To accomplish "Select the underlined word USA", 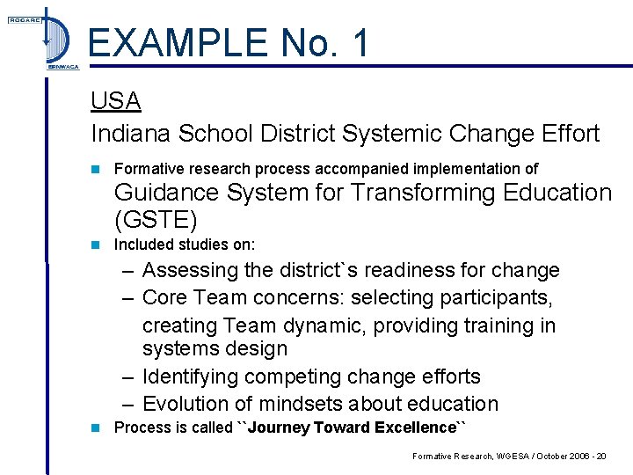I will [x=116, y=101].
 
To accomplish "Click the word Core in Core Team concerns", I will [x=165, y=297].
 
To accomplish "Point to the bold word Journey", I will [x=279, y=427].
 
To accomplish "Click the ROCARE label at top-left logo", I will [x=25, y=20].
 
